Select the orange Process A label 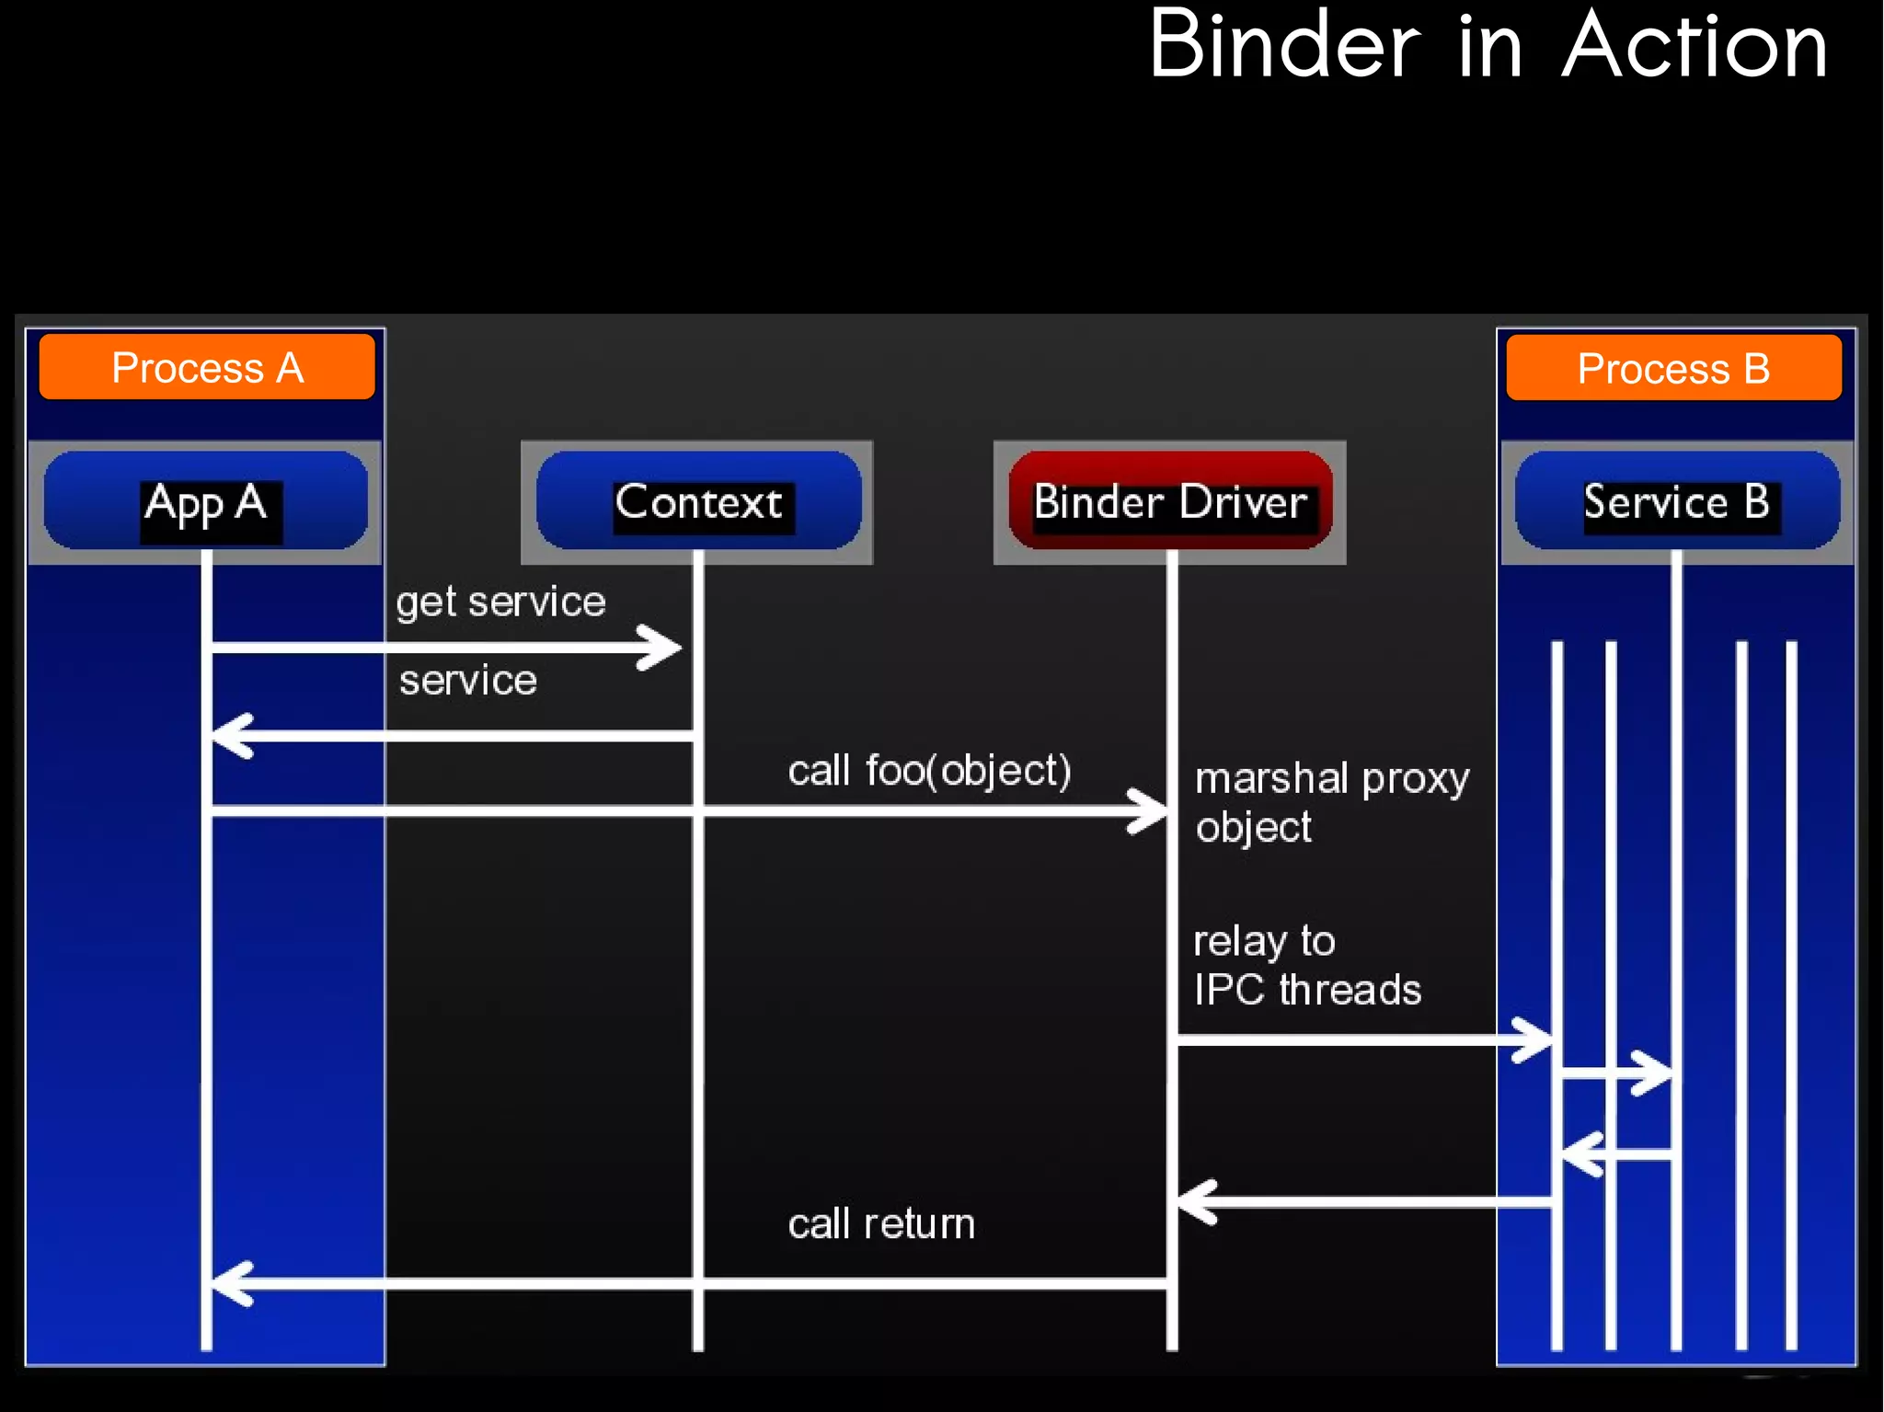(207, 368)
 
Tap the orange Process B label (1673, 369)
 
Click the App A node (206, 502)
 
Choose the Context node (698, 502)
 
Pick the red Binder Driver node (1170, 502)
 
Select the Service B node (1676, 502)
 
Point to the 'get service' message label (500, 603)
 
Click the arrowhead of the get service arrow (666, 649)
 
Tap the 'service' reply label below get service (468, 681)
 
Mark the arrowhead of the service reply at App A (228, 736)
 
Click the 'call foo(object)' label (929, 771)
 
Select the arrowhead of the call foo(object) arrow (1152, 811)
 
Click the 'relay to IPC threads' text (1306, 966)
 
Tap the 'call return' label (881, 1224)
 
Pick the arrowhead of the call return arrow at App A (228, 1283)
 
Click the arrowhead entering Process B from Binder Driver (1537, 1040)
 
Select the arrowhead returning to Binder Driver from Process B (1194, 1202)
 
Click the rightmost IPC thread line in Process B (1791, 993)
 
